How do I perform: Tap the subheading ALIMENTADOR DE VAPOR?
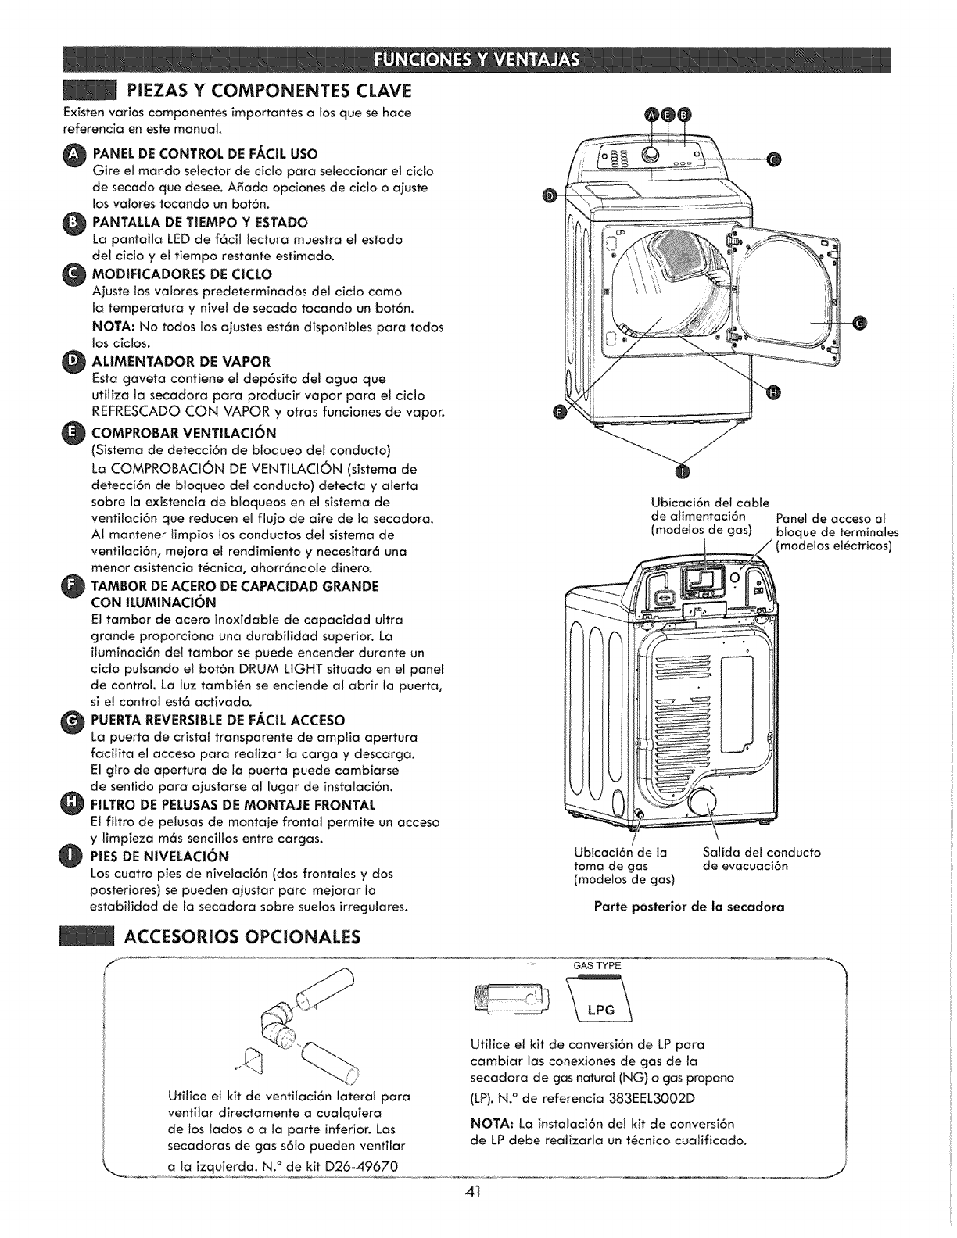click(181, 361)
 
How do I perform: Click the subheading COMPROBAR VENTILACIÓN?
click(185, 433)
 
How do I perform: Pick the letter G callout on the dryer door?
click(859, 321)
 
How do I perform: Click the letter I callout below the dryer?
click(683, 472)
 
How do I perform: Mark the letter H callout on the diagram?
click(774, 393)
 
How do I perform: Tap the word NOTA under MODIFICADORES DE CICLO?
click(113, 326)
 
